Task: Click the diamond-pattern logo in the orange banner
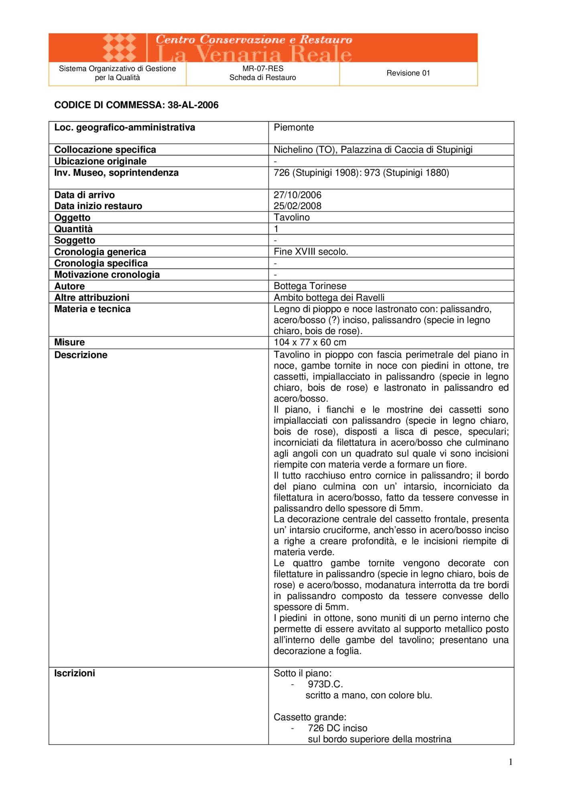click(x=120, y=47)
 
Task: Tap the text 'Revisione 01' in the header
click(x=408, y=73)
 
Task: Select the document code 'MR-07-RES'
click(x=263, y=69)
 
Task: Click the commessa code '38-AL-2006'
click(x=193, y=105)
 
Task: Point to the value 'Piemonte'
click(x=294, y=128)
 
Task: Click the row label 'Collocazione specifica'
click(x=105, y=150)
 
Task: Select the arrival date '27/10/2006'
click(x=297, y=195)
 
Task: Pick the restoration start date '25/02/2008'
click(x=297, y=206)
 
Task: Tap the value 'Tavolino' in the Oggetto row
click(x=292, y=218)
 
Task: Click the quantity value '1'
click(x=276, y=229)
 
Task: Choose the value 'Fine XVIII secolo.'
click(x=311, y=252)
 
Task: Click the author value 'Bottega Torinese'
click(x=310, y=286)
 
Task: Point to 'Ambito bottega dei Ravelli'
click(x=329, y=298)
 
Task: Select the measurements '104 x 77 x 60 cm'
click(x=310, y=342)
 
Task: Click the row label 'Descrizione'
click(x=81, y=355)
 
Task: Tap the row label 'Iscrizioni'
click(x=75, y=673)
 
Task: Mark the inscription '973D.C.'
click(x=325, y=684)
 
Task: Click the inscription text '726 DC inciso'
click(x=337, y=728)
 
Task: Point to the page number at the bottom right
click(x=510, y=762)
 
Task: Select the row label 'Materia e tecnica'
click(x=92, y=309)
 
